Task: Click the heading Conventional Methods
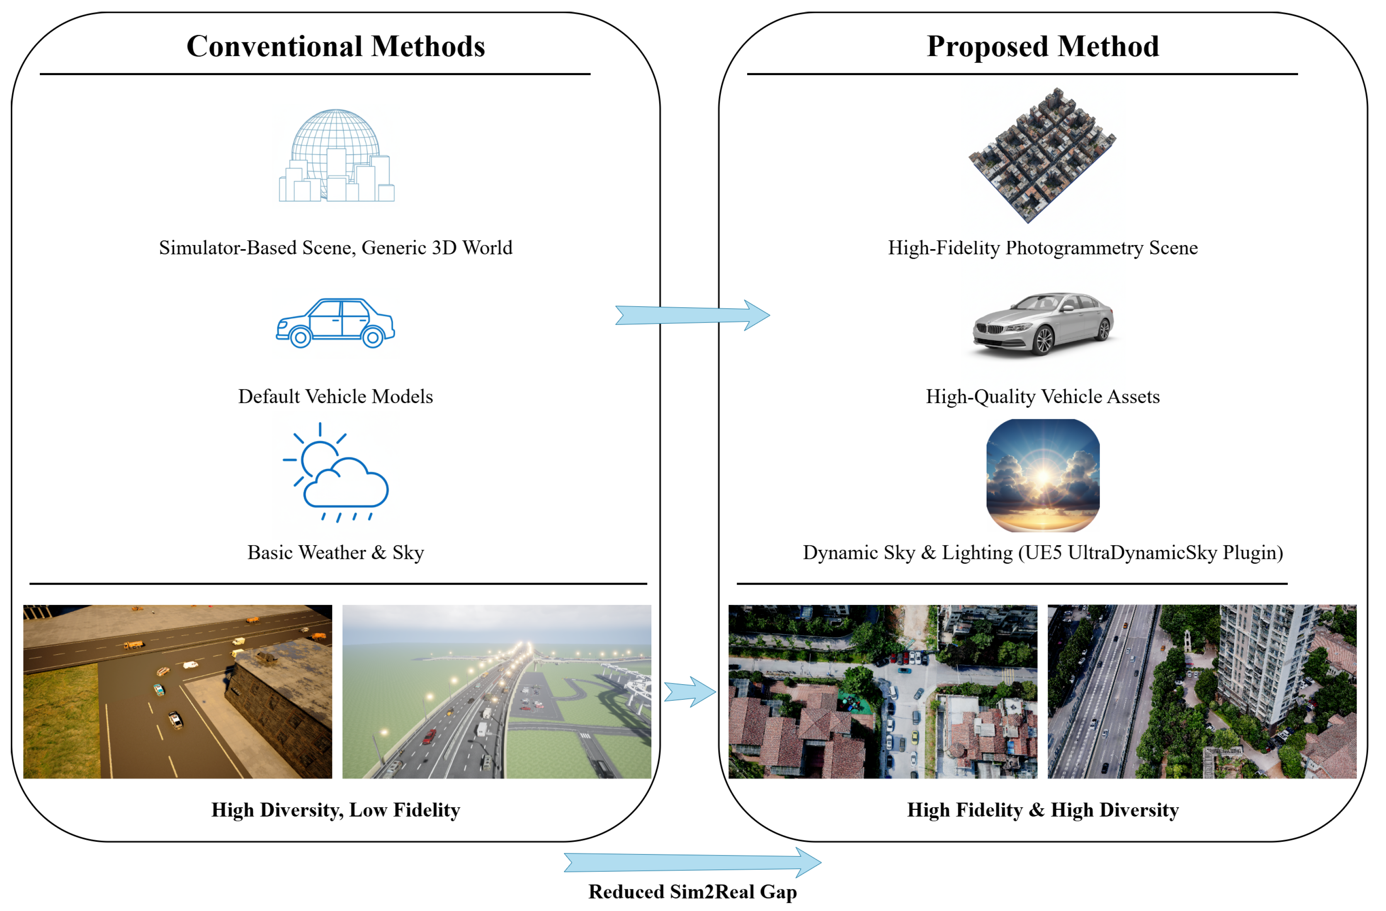[x=335, y=46]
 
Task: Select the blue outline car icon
[x=335, y=323]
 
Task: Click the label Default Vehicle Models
[x=335, y=397]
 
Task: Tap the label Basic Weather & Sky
[x=335, y=553]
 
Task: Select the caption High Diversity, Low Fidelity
[x=335, y=810]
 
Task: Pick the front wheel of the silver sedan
[x=1044, y=341]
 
